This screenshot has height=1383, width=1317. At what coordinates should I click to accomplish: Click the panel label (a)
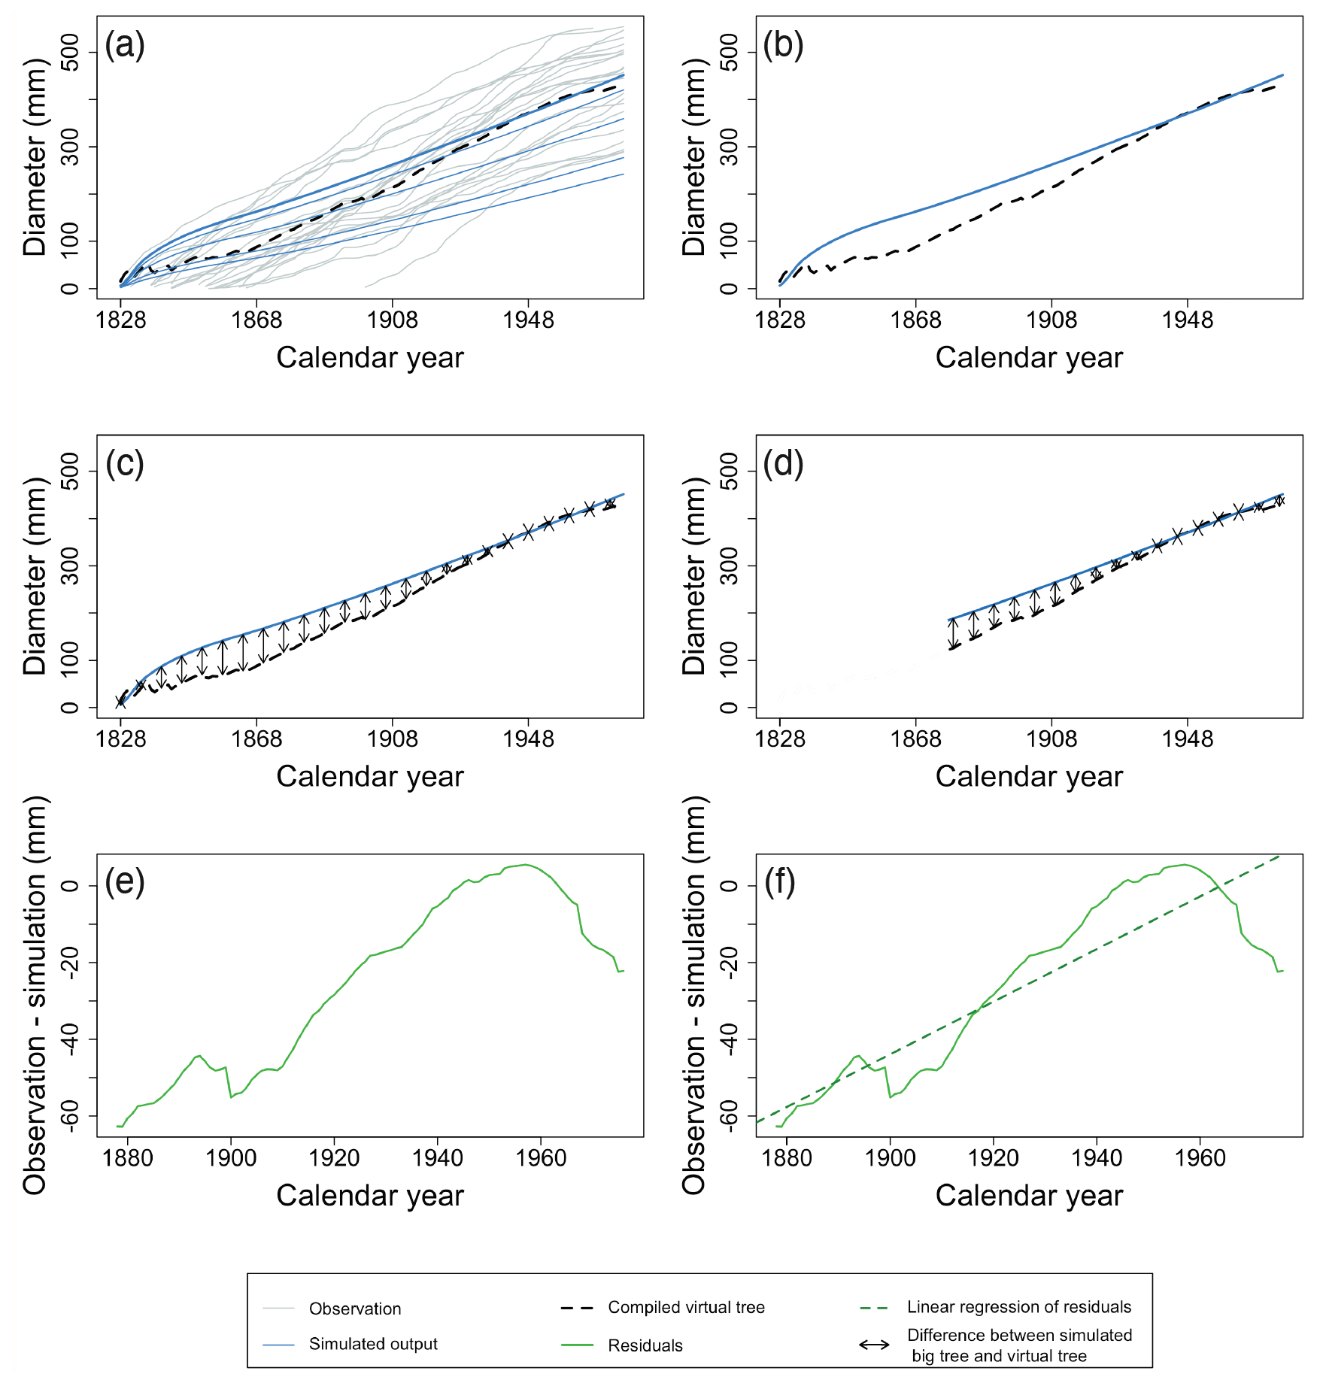pos(125,45)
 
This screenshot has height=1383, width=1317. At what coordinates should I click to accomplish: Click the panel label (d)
pos(783,464)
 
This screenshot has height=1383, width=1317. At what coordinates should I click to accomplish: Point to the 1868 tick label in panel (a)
pos(256,320)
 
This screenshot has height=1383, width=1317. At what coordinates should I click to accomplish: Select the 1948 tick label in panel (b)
pos(1187,320)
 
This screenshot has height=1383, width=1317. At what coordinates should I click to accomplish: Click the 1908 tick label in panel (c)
pos(392,739)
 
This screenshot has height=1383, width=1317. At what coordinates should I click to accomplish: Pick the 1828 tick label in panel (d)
pos(780,739)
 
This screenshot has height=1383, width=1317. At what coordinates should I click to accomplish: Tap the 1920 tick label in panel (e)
pos(334,1158)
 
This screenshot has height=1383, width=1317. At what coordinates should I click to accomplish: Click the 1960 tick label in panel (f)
pos(1200,1158)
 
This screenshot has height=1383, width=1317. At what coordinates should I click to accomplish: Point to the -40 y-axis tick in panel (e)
pos(70,1039)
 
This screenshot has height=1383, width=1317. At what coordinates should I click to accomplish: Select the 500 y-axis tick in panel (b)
pos(729,52)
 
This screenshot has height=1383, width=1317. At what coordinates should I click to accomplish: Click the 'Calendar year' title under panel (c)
pos(369,776)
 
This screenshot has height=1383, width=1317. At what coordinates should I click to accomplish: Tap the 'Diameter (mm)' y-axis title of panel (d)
pos(693,576)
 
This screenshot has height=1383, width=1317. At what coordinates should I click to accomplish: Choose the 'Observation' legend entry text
pos(355,1309)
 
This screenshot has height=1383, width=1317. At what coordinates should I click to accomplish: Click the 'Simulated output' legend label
pos(373,1344)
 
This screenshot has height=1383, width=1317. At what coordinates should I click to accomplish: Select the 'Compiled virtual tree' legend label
pos(686,1307)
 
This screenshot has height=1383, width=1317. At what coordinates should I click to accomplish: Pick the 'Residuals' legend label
pos(645,1345)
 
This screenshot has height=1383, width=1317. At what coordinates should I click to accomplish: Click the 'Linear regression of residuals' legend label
pos(1019,1307)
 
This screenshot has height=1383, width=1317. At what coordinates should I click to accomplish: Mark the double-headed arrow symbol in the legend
pos(874,1345)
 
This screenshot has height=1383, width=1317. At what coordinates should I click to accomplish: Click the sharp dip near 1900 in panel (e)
pos(231,1097)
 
